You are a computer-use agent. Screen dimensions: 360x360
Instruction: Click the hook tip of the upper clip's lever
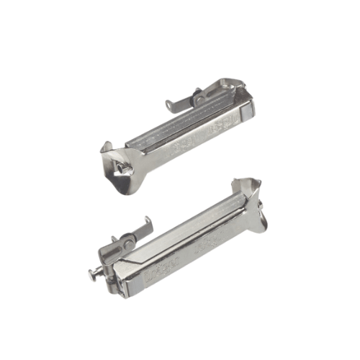tap(168, 107)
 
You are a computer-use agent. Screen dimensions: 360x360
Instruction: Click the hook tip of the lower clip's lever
tap(148, 219)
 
